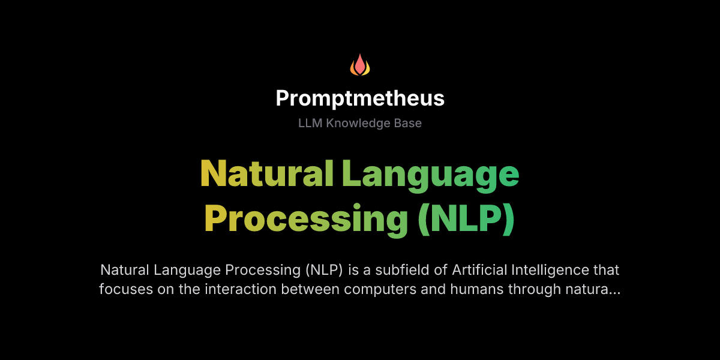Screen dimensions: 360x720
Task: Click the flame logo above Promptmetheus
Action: (360, 65)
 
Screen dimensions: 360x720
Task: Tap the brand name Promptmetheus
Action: (360, 98)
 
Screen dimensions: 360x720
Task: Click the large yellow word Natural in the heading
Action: (266, 174)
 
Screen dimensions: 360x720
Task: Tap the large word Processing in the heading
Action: (306, 219)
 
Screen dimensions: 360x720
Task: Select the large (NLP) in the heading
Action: (466, 219)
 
